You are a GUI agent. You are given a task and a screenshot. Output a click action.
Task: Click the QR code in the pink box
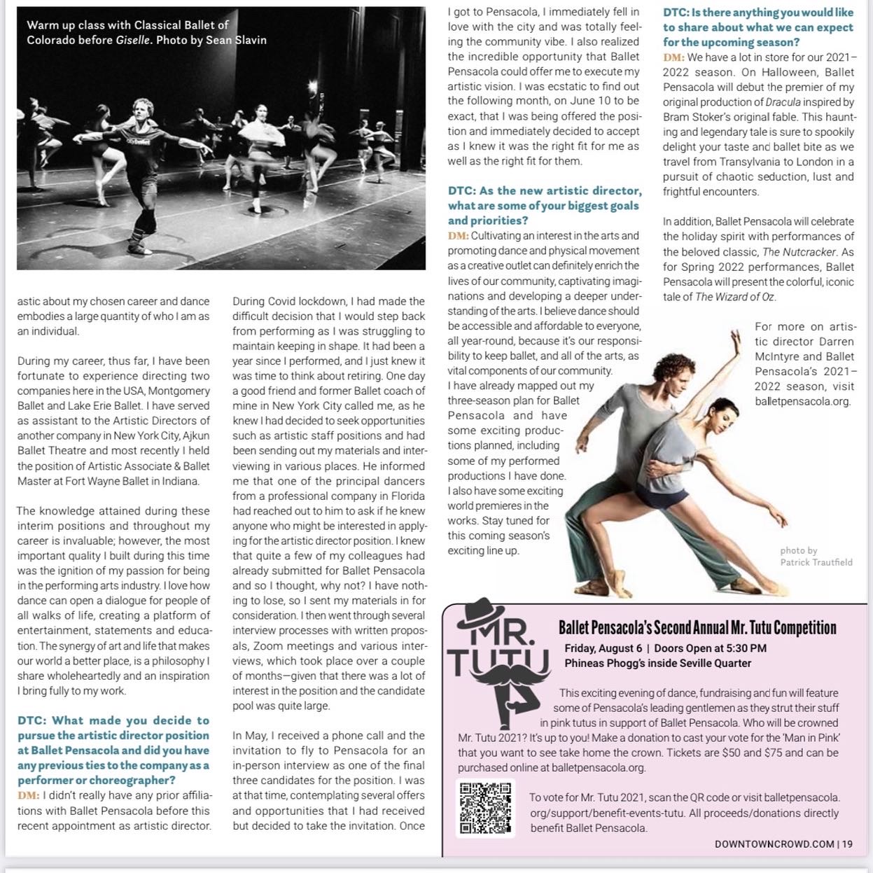pyautogui.click(x=486, y=807)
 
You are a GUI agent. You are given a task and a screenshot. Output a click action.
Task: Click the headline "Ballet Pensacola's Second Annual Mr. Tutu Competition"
pyautogui.click(x=697, y=628)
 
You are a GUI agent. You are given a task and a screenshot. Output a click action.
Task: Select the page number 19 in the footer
pyautogui.click(x=847, y=844)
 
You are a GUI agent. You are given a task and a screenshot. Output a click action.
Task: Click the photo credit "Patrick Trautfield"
pyautogui.click(x=816, y=562)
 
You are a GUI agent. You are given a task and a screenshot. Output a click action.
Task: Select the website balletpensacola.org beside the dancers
pyautogui.click(x=802, y=401)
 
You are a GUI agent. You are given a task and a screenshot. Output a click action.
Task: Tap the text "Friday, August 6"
pyautogui.click(x=603, y=648)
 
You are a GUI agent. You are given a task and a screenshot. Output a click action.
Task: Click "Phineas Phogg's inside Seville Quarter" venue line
pyautogui.click(x=657, y=663)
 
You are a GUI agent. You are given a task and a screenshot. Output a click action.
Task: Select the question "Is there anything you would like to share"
pyautogui.click(x=758, y=27)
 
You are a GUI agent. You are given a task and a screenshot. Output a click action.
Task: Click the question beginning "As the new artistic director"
pyautogui.click(x=544, y=205)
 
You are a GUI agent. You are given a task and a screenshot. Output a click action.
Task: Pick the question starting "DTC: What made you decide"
pyautogui.click(x=113, y=750)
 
